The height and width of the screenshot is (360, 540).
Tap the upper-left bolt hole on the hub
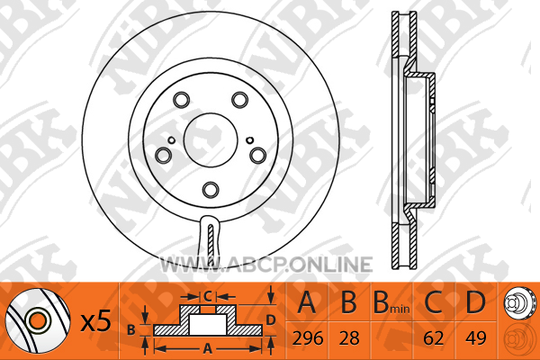(x=181, y=100)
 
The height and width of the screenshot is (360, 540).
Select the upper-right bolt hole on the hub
(x=239, y=100)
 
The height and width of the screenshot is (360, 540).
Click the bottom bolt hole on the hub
(x=211, y=190)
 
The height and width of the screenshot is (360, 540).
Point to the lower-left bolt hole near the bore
(x=163, y=156)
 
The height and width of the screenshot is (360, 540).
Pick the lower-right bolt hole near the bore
(x=258, y=156)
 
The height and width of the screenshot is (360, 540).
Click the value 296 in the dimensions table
(x=308, y=338)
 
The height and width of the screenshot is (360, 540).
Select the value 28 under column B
(x=349, y=338)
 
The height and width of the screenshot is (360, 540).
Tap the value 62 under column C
(x=434, y=338)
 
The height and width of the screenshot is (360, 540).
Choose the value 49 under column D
(x=475, y=338)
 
